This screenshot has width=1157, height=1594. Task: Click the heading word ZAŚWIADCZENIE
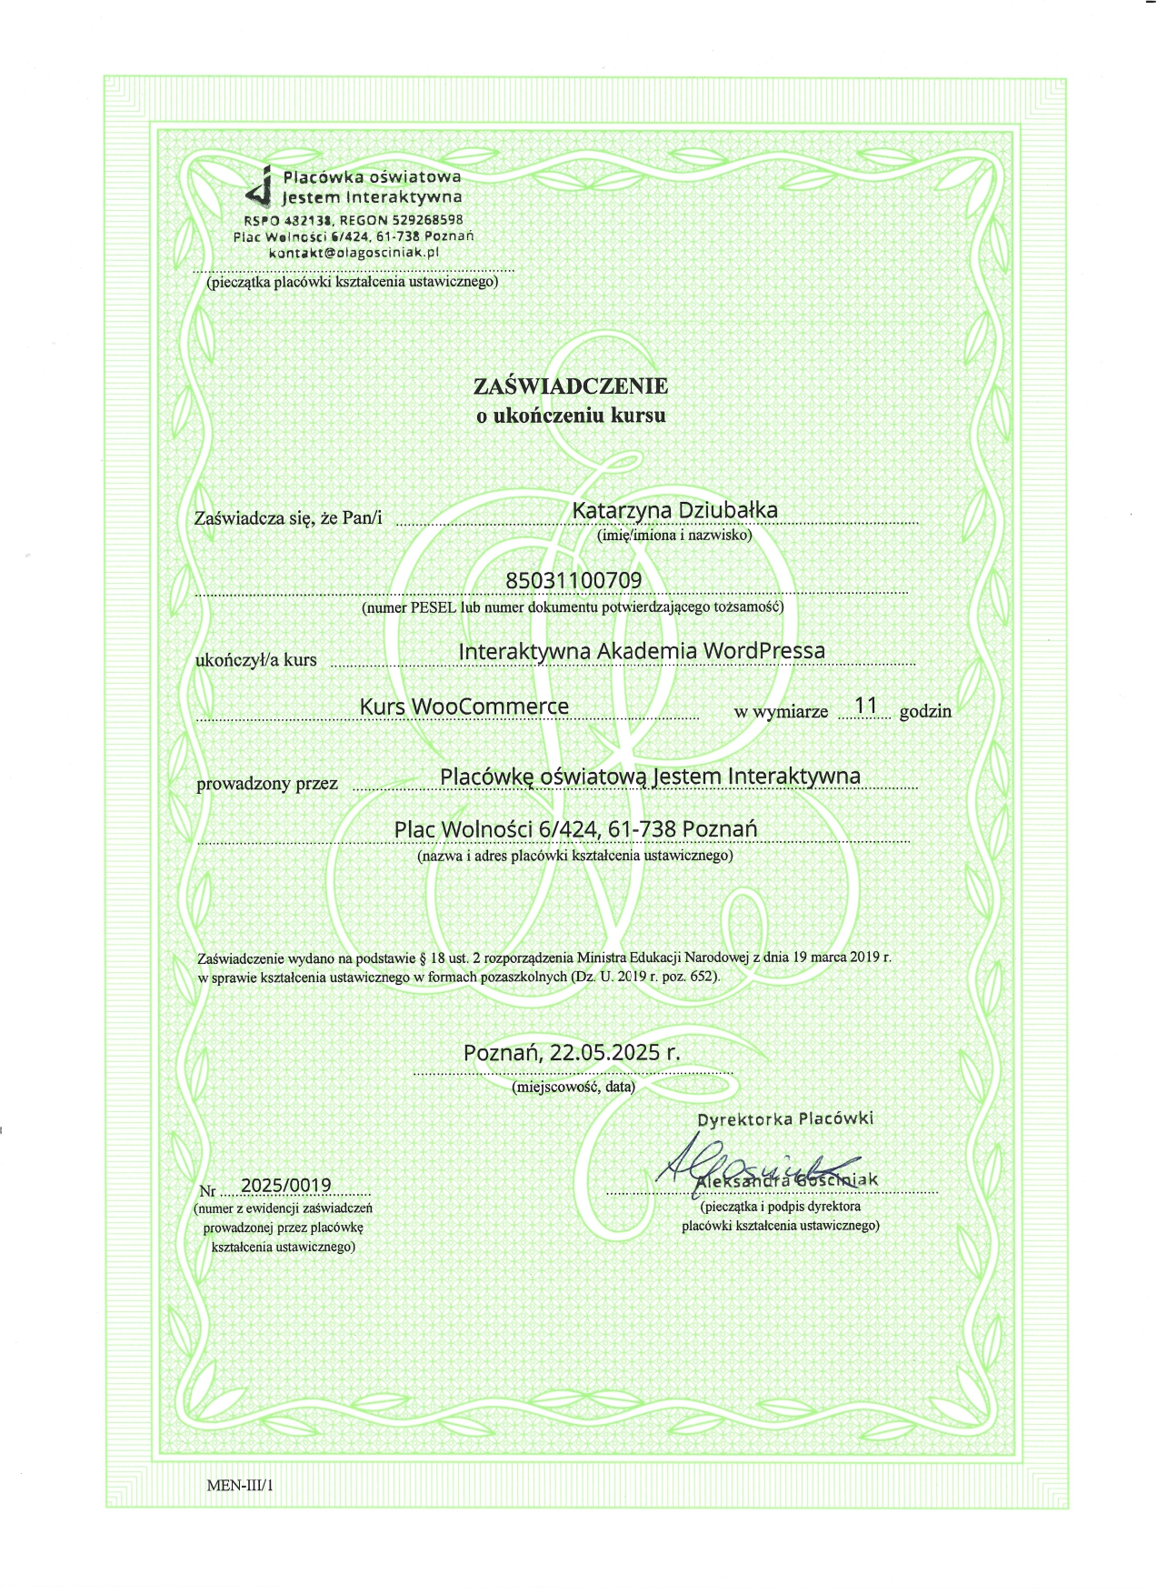(571, 386)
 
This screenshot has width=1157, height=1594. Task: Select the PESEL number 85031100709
(573, 580)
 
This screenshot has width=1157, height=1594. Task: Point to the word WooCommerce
(490, 707)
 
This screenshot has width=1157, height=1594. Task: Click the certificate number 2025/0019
(285, 1185)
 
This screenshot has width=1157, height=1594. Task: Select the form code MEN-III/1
(240, 1486)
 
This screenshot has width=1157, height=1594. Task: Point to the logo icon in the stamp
(261, 187)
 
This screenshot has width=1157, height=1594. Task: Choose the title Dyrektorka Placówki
(785, 1118)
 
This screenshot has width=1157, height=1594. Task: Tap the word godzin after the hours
(925, 711)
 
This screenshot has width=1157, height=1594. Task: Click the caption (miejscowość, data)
(574, 1086)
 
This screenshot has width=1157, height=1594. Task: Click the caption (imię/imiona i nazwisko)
(674, 536)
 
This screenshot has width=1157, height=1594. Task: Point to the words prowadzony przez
(267, 783)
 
